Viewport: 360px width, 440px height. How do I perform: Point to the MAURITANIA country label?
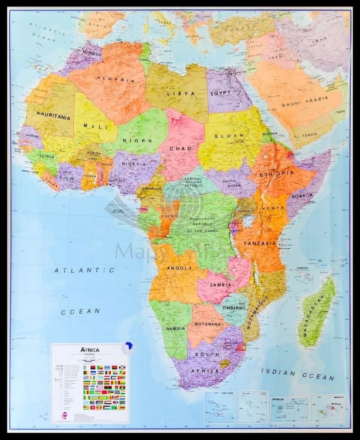[x=53, y=117]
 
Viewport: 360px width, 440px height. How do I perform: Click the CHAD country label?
[x=181, y=148]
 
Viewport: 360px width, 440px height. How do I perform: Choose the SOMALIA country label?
[x=303, y=195]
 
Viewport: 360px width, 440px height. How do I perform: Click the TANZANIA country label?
[x=259, y=243]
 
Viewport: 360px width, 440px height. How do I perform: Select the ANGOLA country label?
[x=179, y=268]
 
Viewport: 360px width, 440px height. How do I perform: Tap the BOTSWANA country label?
[x=208, y=323]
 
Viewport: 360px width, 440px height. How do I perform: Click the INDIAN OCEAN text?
[x=297, y=374]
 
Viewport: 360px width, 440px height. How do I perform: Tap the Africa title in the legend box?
[x=89, y=350]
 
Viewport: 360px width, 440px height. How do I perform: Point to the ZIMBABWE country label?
[x=233, y=307]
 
